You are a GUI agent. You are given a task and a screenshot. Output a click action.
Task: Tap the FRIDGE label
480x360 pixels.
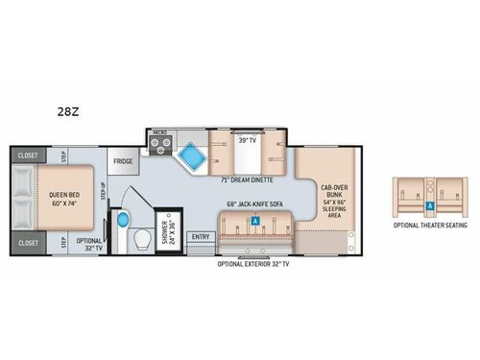tap(122, 162)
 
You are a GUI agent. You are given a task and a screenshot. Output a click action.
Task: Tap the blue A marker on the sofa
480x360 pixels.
tap(255, 220)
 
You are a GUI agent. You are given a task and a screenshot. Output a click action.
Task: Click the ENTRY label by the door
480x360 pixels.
tap(201, 236)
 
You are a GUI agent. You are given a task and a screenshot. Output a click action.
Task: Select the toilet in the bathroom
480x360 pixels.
tap(141, 237)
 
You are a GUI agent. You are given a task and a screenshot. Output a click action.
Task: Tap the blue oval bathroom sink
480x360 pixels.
tap(121, 220)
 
